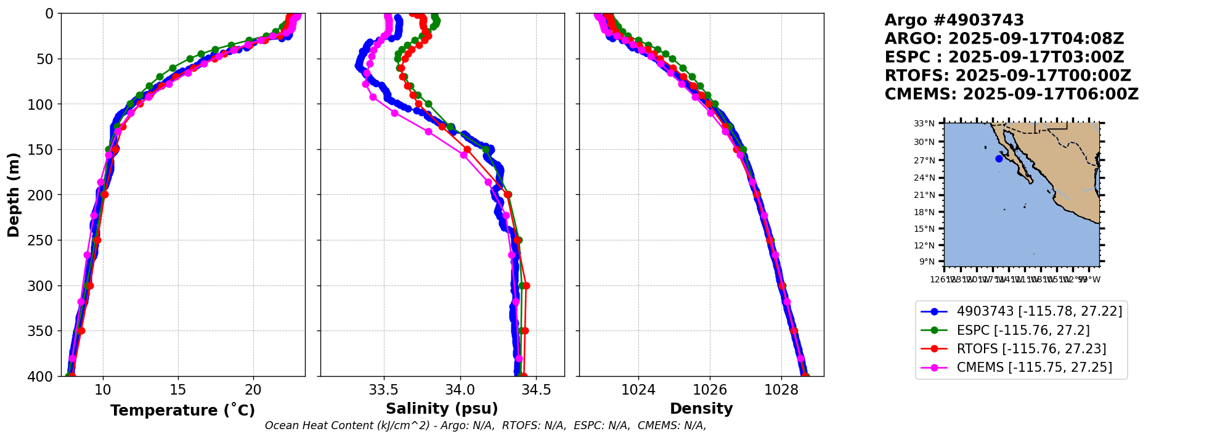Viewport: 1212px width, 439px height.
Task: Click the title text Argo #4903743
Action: point(954,20)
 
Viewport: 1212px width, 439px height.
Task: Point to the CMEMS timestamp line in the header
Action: point(1011,94)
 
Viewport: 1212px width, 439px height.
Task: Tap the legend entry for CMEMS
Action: point(1034,367)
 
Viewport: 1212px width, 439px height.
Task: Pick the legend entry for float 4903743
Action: point(1039,311)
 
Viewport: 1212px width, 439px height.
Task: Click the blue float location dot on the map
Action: point(999,158)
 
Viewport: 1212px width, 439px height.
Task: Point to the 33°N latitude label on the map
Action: point(924,123)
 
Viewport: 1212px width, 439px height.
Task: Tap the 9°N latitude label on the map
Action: point(927,261)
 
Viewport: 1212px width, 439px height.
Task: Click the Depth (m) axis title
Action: point(14,195)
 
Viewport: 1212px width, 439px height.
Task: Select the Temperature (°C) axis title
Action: point(182,410)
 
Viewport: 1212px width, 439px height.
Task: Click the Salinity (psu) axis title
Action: point(442,409)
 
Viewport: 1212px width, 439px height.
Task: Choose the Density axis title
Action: point(701,409)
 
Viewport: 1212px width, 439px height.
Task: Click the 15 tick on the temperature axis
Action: point(178,390)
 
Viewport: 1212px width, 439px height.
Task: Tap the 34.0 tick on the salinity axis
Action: point(460,390)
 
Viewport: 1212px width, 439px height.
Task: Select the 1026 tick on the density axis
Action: point(710,390)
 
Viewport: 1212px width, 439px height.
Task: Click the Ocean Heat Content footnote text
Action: point(486,425)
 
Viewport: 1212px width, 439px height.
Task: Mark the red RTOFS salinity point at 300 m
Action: point(526,285)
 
